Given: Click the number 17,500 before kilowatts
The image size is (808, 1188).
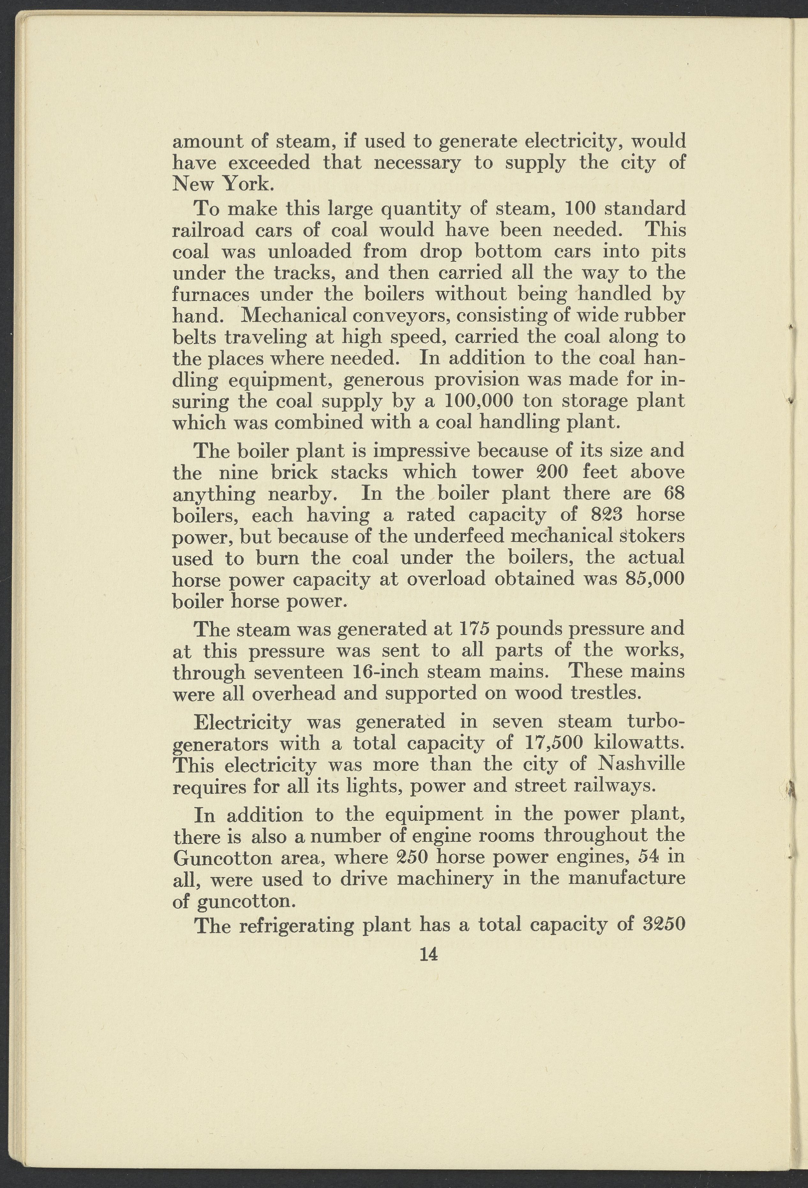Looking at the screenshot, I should coord(554,743).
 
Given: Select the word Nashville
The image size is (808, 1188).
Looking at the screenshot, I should coord(642,764).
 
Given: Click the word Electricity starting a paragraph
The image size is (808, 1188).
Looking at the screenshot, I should coord(243,722).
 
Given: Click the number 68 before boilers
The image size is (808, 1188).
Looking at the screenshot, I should coord(674,493).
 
